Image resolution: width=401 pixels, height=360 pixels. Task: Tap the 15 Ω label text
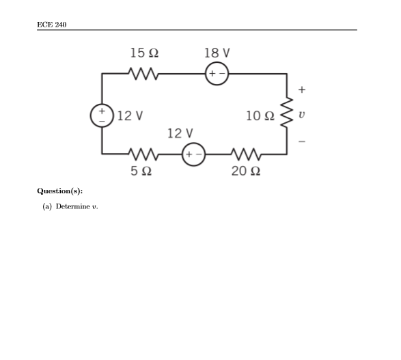pos(144,53)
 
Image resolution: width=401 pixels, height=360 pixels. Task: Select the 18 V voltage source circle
pos(217,72)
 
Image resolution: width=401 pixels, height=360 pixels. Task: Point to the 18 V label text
pos(217,53)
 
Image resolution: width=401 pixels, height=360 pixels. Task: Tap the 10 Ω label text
pos(261,113)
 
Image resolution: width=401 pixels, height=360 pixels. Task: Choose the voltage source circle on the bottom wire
pos(193,154)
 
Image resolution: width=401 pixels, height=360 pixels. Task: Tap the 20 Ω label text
pos(245,171)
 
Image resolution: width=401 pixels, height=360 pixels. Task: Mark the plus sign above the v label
pos(302,89)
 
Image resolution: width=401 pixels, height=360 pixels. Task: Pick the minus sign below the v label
pos(302,141)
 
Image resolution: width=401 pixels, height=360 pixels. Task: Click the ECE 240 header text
pos(52,25)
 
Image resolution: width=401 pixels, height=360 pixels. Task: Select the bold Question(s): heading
pos(60,193)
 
